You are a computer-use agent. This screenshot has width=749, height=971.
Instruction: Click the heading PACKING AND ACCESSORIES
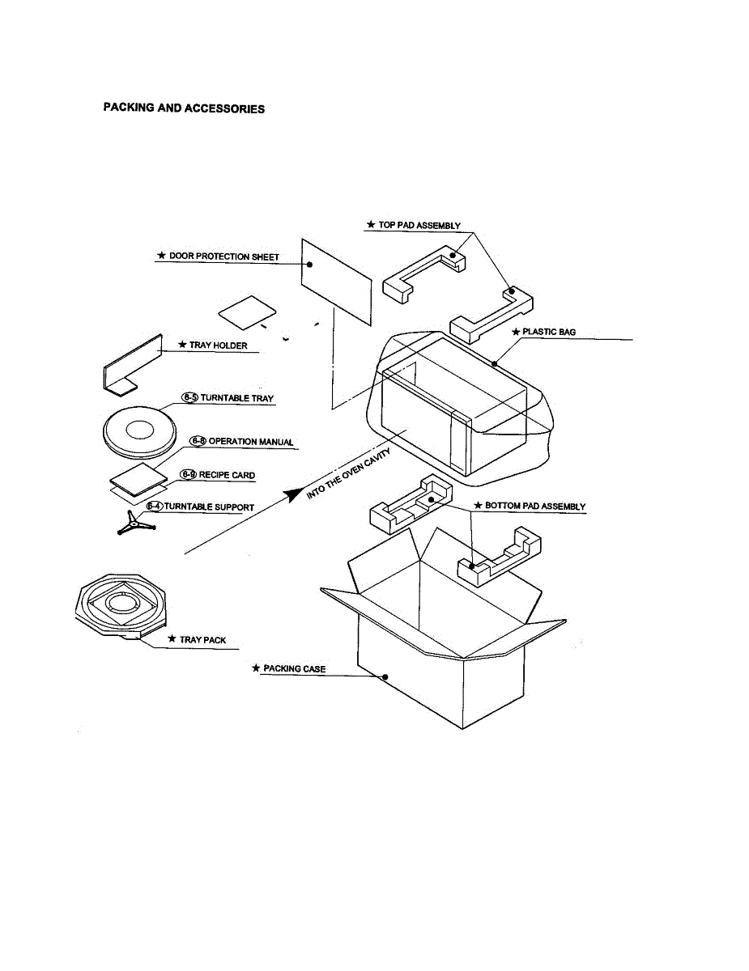[x=184, y=108]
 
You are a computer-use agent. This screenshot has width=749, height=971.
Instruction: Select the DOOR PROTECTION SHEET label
[x=223, y=257]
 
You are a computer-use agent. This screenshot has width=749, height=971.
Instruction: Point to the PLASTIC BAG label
[x=549, y=332]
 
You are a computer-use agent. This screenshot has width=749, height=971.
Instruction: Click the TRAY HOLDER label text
[x=218, y=346]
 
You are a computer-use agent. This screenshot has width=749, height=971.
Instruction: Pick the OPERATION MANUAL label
[x=251, y=442]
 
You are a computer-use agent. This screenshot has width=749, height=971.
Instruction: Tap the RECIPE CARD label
[x=227, y=475]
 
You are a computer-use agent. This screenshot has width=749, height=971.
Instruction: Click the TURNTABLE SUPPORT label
[x=209, y=507]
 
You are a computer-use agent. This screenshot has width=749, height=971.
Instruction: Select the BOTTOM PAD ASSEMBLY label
[x=534, y=507]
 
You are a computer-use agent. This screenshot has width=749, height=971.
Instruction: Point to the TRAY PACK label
[x=202, y=639]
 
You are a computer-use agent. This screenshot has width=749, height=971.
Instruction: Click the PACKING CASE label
[x=294, y=669]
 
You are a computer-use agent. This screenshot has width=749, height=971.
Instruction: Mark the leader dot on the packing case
[x=385, y=676]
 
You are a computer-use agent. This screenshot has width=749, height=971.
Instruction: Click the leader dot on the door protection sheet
[x=311, y=265]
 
